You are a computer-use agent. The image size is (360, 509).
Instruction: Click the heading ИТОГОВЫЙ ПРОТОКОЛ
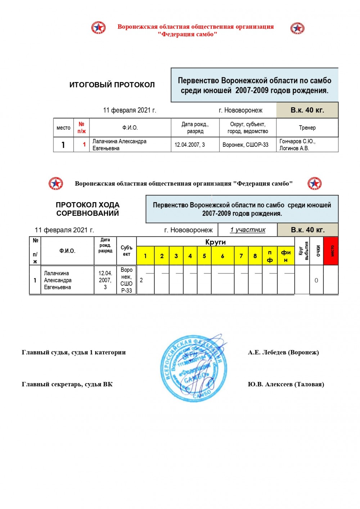(112, 85)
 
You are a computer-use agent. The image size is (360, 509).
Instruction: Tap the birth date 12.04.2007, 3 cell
(190, 145)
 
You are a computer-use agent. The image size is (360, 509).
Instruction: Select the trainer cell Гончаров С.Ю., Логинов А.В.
(297, 145)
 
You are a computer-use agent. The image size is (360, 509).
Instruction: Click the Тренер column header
(307, 128)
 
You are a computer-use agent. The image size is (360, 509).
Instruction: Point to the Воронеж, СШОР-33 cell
(246, 145)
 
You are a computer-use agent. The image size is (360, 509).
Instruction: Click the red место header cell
(331, 251)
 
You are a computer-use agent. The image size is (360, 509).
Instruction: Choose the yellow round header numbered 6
(222, 256)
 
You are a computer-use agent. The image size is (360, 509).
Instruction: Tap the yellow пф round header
(270, 256)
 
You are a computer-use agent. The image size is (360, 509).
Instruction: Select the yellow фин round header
(286, 256)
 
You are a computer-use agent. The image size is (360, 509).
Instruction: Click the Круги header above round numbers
(215, 242)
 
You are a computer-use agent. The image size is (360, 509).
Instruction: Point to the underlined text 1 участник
(248, 230)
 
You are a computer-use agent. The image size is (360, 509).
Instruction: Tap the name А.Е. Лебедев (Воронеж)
(283, 352)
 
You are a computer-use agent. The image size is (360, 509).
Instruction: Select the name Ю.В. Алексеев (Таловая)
(286, 384)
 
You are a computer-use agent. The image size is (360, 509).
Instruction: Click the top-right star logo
(297, 28)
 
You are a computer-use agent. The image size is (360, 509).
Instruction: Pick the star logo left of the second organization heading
(56, 183)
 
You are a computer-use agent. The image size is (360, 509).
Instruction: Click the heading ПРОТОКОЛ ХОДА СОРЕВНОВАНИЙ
(87, 209)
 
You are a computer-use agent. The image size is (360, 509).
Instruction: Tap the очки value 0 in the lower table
(316, 280)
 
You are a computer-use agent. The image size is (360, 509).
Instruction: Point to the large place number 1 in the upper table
(63, 145)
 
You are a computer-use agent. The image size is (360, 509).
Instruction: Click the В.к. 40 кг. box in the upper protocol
(307, 110)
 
